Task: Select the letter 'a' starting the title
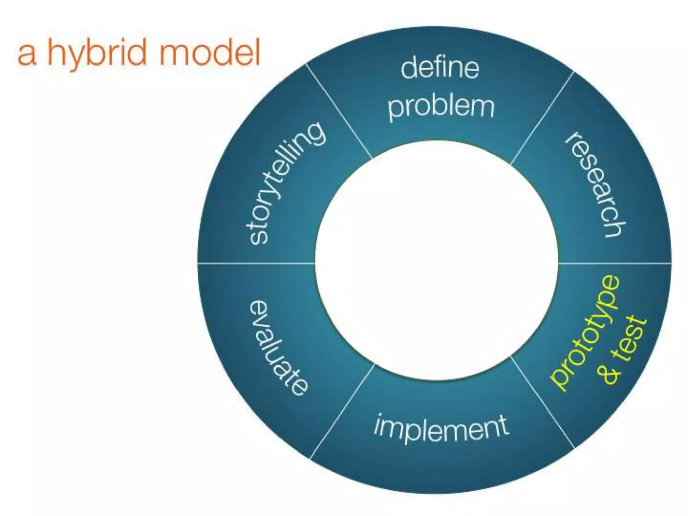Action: pyautogui.click(x=27, y=55)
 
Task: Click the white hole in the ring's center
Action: pyautogui.click(x=436, y=260)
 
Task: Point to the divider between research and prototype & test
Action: pyautogui.click(x=615, y=263)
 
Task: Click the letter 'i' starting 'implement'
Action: pyautogui.click(x=379, y=424)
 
